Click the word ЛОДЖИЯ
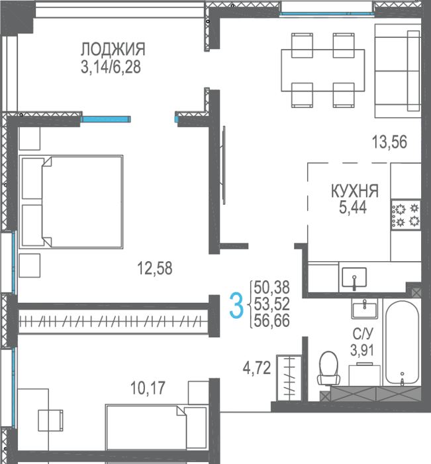coord(113,50)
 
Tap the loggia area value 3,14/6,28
coord(111,67)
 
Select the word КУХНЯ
coord(354,191)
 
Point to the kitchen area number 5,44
coord(353,207)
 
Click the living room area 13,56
coord(389,142)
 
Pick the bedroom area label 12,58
coord(155,268)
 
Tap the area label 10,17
coord(148,388)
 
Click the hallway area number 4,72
coord(257,369)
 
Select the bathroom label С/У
coord(363,334)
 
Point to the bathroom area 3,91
coord(362,351)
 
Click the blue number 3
coord(236,305)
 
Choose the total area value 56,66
coord(271,321)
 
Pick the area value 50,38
coord(271,287)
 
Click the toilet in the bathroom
coord(329,369)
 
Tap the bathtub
coord(402,343)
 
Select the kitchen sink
coord(354,277)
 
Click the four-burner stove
coord(406,214)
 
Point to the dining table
coord(323,70)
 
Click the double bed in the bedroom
coord(71,202)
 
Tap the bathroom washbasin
coord(365,308)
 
